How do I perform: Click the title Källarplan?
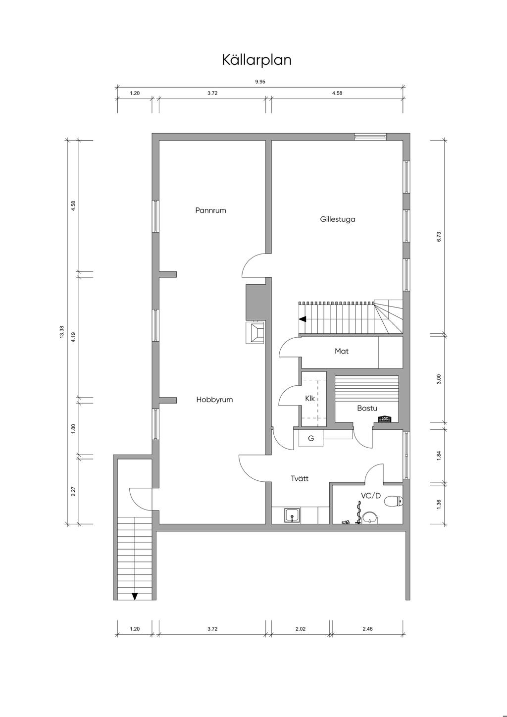[x=256, y=60]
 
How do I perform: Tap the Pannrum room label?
[x=210, y=210]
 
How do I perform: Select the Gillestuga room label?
[x=338, y=219]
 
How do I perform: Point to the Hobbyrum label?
[x=214, y=400]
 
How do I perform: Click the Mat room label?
[x=342, y=351]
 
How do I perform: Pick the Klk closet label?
[x=310, y=399]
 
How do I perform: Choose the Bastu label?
[x=367, y=408]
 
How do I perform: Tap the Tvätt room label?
[x=300, y=478]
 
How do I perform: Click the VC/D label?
[x=371, y=496]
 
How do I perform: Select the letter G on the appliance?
[x=311, y=439]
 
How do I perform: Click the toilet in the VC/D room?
[x=394, y=501]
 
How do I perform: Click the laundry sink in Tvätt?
[x=292, y=515]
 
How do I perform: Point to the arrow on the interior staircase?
[x=303, y=319]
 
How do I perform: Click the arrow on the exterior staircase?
[x=135, y=596]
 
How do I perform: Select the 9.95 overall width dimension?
[x=260, y=82]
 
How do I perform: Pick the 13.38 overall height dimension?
[x=62, y=332]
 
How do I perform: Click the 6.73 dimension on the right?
[x=439, y=237]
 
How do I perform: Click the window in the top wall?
[x=370, y=137]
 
